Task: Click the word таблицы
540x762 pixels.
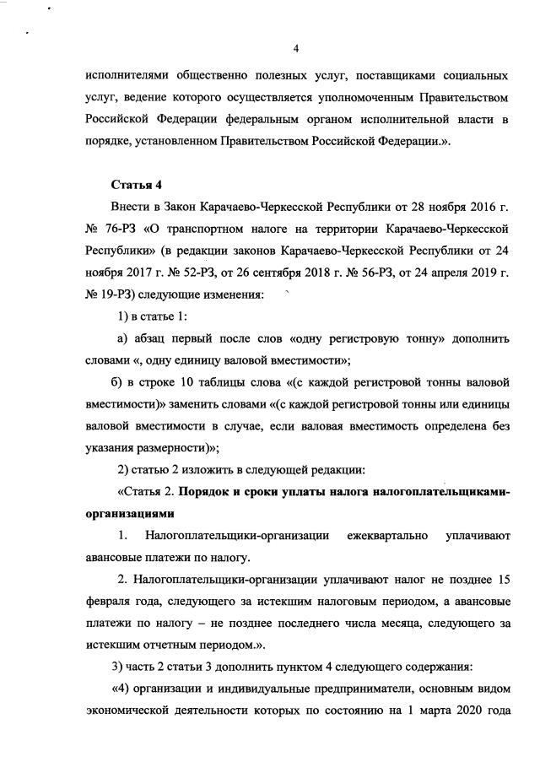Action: (x=226, y=381)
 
